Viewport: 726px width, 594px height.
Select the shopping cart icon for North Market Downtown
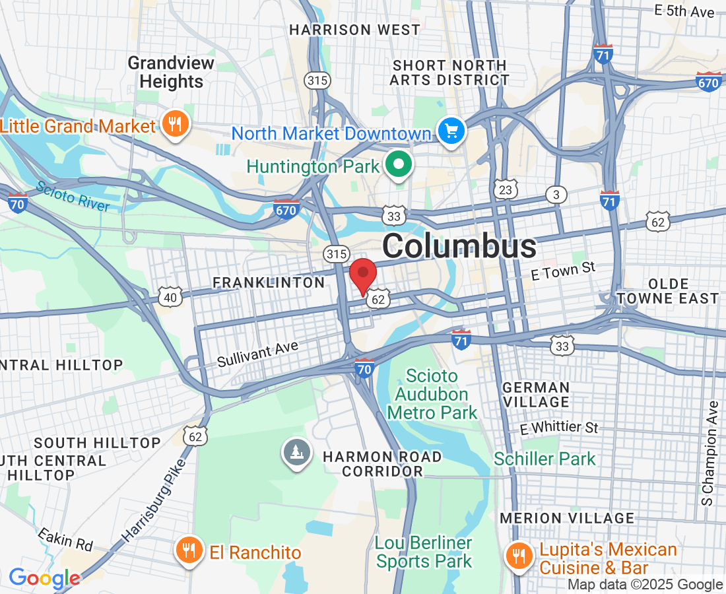pos(451,132)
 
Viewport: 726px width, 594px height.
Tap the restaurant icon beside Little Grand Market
pos(175,125)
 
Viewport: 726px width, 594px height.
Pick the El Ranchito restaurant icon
pos(189,551)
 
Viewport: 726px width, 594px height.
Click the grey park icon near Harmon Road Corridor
pos(297,453)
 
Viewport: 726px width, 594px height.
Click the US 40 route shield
pos(170,298)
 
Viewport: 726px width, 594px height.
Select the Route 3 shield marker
pos(556,195)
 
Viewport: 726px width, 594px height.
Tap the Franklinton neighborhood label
pos(269,283)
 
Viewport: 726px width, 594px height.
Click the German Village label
pos(535,395)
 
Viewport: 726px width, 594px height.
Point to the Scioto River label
pos(73,196)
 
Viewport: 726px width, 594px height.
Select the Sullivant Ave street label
pos(257,354)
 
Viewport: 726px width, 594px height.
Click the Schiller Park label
pos(544,459)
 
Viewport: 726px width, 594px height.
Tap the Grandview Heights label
pos(170,73)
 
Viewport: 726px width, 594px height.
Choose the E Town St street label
pos(563,271)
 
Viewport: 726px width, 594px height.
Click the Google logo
pos(44,579)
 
